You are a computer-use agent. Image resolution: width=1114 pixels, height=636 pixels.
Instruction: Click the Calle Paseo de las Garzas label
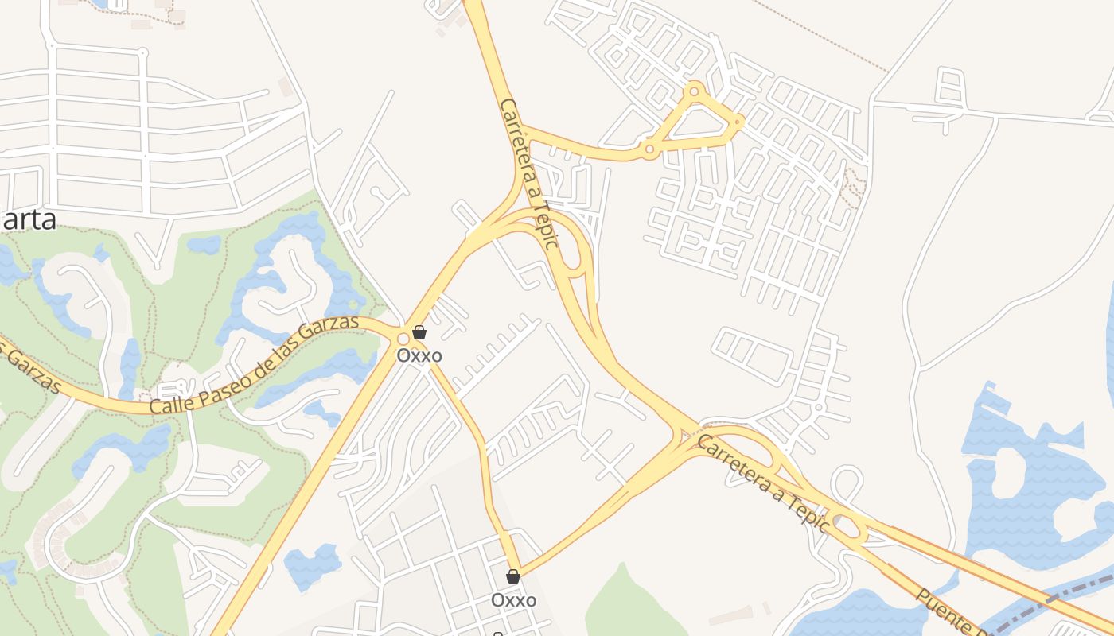point(255,366)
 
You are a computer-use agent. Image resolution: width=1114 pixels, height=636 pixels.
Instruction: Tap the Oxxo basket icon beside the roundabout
point(419,332)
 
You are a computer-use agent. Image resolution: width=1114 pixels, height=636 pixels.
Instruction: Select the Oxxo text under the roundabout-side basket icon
point(419,355)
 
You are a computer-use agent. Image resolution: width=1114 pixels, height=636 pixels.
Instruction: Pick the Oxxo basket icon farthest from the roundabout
point(513,576)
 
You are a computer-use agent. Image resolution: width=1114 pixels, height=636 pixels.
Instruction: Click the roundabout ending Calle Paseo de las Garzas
point(403,339)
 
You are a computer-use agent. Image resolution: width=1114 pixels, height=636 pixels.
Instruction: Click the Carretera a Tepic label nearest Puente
point(762,482)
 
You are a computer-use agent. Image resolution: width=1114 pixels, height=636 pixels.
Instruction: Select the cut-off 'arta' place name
point(29,219)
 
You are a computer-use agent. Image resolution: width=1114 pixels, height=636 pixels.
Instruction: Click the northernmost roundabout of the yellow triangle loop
point(695,91)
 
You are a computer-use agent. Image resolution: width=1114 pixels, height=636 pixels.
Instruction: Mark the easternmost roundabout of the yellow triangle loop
point(738,122)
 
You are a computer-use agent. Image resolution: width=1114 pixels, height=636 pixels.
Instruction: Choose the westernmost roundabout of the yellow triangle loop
point(650,149)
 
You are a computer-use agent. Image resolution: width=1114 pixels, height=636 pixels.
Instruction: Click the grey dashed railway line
point(1050,604)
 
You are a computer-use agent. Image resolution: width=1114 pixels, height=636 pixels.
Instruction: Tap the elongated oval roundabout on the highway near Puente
point(850,526)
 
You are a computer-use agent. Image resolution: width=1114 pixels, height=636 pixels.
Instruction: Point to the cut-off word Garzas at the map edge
point(32,370)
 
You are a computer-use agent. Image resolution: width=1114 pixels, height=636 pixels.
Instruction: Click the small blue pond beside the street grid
point(312,565)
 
